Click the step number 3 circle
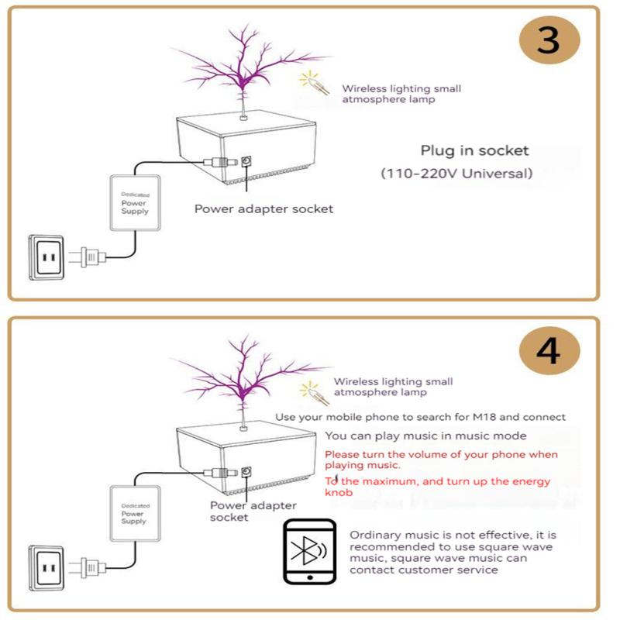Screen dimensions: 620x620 pos(548,39)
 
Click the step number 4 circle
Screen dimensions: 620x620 pos(548,351)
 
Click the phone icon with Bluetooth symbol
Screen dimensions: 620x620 pos(309,551)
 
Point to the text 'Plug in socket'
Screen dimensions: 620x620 pos(474,150)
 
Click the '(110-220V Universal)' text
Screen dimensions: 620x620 pos(456,174)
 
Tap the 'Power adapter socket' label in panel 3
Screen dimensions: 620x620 pos(263,208)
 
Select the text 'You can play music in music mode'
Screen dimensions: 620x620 pos(425,436)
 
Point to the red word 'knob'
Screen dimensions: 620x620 pos(339,492)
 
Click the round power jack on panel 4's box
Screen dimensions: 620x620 pos(247,471)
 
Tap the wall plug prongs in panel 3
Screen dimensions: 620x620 pos(81,256)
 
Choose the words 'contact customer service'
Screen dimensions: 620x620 pos(423,570)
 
